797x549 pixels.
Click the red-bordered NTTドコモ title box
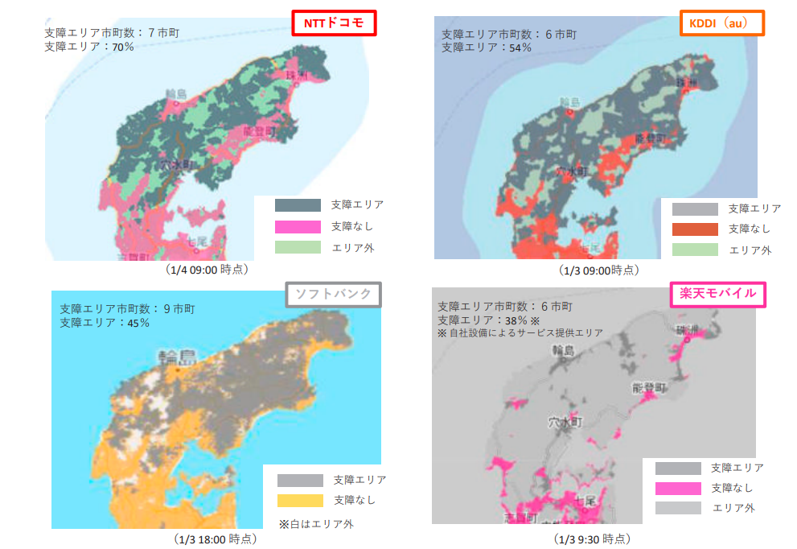(334, 23)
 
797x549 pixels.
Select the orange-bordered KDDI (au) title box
(721, 23)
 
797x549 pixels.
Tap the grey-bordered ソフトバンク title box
(333, 295)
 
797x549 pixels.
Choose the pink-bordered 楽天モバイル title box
(718, 294)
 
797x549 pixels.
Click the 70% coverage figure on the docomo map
(123, 47)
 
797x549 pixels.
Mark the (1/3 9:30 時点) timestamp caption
(592, 538)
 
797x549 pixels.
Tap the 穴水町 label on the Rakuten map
(564, 422)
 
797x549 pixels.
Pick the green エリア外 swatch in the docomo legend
(297, 247)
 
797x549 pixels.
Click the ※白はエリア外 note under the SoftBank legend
(316, 523)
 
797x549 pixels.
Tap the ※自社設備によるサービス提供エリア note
(520, 332)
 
